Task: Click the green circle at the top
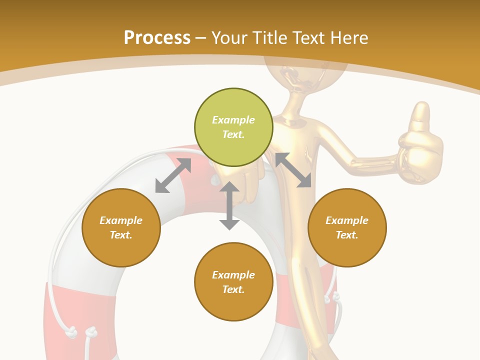tap(233, 127)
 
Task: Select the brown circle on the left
tap(121, 227)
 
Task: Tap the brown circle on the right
tap(347, 227)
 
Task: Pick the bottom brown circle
tap(233, 282)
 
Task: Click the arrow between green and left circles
tap(173, 175)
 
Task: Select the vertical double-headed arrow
tap(229, 205)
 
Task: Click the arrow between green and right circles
tap(293, 170)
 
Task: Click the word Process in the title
tap(157, 37)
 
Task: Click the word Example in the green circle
tap(233, 120)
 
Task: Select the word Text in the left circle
tap(121, 235)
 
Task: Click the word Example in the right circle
tap(347, 220)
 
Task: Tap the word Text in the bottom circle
tap(233, 289)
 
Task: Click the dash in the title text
tap(201, 38)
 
